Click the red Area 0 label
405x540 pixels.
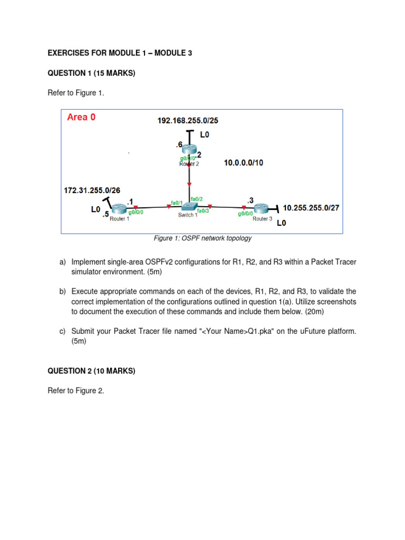(81, 118)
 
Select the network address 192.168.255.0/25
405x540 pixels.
(188, 121)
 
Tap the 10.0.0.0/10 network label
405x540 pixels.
(243, 163)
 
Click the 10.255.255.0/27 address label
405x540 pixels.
(311, 208)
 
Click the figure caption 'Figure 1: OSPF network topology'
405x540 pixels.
(202, 238)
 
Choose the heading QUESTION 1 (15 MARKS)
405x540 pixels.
(91, 73)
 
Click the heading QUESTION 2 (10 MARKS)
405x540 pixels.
(91, 371)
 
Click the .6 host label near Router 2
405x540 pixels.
(179, 144)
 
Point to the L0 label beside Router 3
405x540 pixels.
(282, 223)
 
